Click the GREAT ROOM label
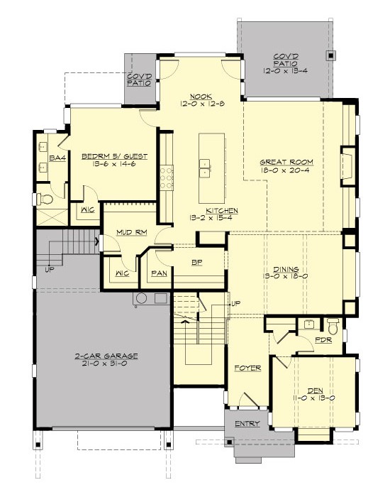coord(286,162)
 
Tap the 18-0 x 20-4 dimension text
coord(286,171)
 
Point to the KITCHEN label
coord(222,211)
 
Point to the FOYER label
coord(248,368)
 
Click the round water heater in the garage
coord(142,298)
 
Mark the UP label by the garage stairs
coord(49,270)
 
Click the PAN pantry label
coord(158,273)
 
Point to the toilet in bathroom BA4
coord(43,198)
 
